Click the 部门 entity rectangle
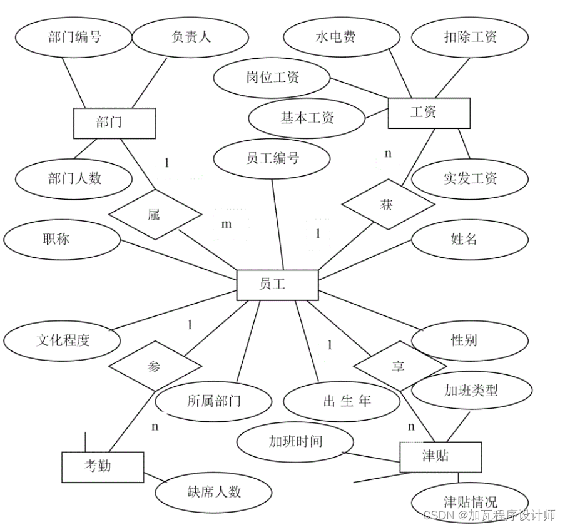pos(114,123)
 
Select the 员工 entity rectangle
pos(277,285)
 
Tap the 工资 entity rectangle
pos(429,113)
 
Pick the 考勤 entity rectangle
pos(103,466)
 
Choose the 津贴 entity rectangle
pos(440,456)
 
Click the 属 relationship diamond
pos(155,214)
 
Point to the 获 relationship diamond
pos(387,205)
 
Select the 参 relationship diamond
pos(155,366)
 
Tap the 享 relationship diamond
pos(399,367)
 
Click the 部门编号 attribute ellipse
pos(74,36)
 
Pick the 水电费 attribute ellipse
pos(336,36)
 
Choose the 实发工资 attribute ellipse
pos(469,178)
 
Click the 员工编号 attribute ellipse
pos(272,158)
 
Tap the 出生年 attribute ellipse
pos(342,401)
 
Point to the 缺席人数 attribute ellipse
pos(213,492)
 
